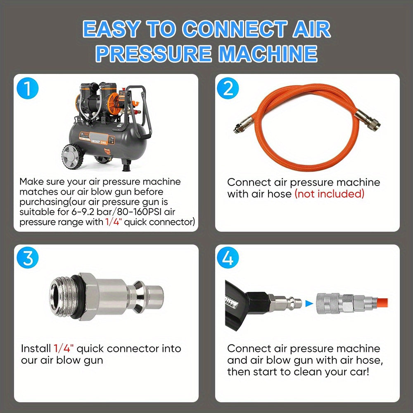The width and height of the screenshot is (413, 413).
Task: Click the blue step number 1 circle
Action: tap(27, 88)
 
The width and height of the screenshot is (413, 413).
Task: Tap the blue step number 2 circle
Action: tap(228, 88)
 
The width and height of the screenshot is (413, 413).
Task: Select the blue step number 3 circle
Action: tap(27, 257)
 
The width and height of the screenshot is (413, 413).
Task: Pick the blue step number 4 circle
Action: tap(228, 257)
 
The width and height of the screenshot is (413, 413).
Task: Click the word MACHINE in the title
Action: tap(268, 53)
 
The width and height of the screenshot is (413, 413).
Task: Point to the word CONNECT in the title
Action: tap(235, 29)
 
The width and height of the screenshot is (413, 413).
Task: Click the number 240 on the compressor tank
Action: tap(104, 142)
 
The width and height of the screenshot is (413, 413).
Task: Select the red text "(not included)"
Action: tap(329, 194)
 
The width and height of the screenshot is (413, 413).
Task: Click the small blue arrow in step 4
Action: tap(309, 304)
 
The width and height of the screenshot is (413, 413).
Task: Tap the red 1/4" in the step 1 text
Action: tap(113, 222)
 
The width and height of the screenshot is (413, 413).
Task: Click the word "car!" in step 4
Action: tap(358, 372)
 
